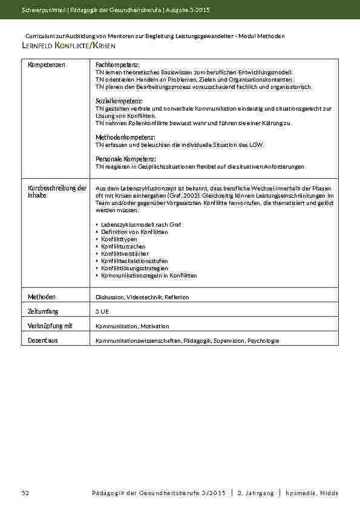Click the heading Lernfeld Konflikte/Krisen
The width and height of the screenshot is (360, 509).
point(68,46)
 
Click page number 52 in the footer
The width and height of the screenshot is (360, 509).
point(25,493)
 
